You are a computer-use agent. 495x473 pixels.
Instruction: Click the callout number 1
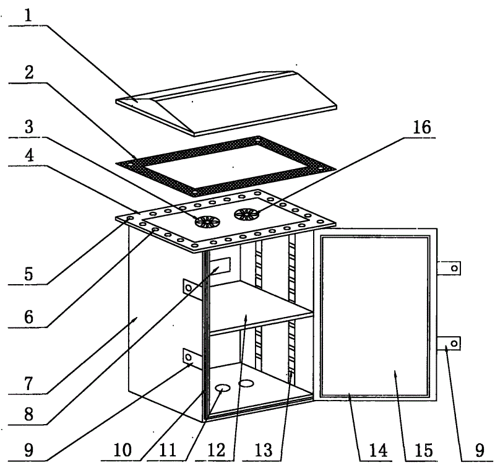(x=28, y=15)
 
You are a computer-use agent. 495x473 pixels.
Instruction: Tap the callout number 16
(x=422, y=128)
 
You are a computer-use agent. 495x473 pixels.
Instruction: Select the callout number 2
(x=29, y=72)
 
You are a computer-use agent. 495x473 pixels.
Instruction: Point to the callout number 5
(x=28, y=274)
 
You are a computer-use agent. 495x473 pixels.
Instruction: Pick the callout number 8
(x=28, y=414)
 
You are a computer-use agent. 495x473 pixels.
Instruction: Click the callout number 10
(x=122, y=450)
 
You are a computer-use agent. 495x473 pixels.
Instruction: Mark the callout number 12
(x=217, y=450)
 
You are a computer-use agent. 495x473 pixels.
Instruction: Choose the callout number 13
(x=264, y=450)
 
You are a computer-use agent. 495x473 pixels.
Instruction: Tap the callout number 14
(x=378, y=450)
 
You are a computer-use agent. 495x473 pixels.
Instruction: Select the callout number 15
(x=424, y=450)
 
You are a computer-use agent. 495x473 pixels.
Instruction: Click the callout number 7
(x=28, y=383)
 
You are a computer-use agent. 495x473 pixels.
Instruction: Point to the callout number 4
(x=29, y=155)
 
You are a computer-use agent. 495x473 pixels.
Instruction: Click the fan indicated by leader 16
(x=246, y=214)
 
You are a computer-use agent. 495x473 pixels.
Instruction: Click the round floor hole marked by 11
(x=222, y=388)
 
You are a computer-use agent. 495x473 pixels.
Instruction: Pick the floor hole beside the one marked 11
(x=246, y=384)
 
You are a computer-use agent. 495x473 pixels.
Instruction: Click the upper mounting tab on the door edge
(x=449, y=268)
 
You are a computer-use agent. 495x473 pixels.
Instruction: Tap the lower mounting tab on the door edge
(x=449, y=344)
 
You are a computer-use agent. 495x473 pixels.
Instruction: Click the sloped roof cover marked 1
(x=226, y=103)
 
